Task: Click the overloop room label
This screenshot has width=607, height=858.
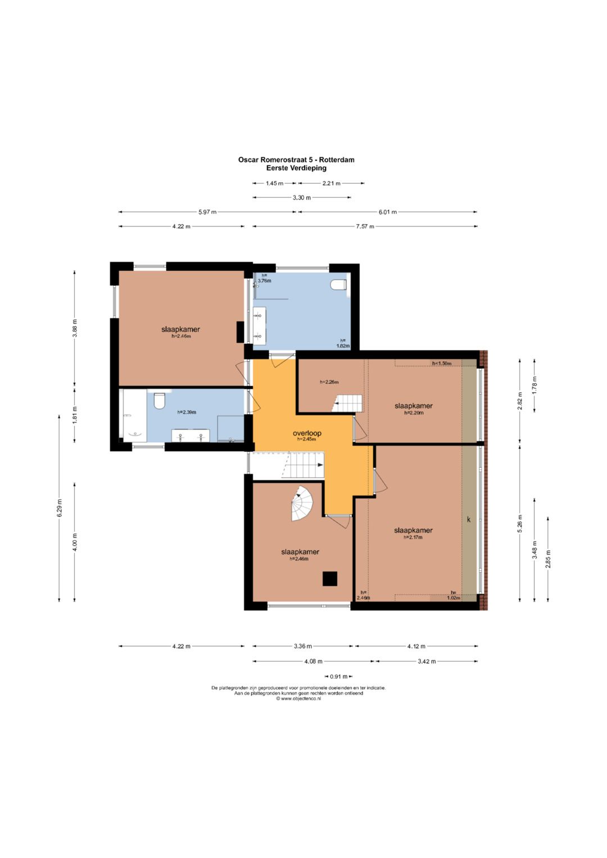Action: pos(307,433)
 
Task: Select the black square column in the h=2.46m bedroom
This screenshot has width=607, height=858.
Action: pos(329,578)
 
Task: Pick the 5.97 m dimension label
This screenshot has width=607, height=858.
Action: pos(207,212)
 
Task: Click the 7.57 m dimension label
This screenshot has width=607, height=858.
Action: pos(365,226)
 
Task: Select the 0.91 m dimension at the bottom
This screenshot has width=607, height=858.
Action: pos(338,677)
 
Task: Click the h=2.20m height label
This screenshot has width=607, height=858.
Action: pos(414,413)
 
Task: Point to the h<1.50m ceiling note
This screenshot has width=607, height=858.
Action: pos(441,363)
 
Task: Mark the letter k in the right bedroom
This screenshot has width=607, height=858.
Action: pos(468,519)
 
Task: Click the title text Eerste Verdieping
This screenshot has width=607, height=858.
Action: pos(296,168)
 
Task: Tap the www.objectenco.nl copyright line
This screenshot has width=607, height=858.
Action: pos(298,698)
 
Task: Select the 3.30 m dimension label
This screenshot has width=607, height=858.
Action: pos(302,198)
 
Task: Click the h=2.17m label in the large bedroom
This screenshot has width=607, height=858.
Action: pos(413,537)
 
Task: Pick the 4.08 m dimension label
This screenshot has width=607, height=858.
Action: pos(313,661)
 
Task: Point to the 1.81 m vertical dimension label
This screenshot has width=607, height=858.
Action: pos(75,414)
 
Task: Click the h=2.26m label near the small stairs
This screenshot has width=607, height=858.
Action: pos(329,382)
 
